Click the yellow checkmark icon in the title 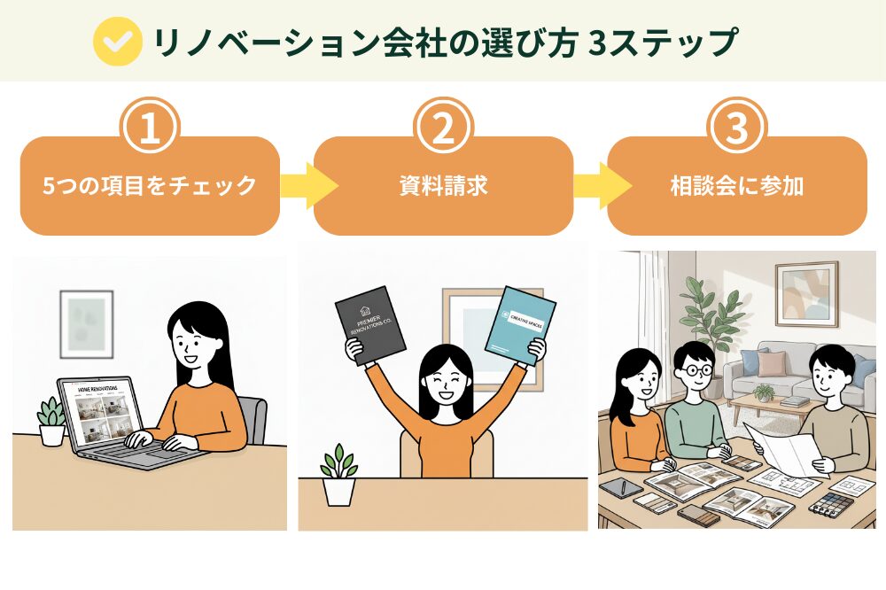(x=118, y=41)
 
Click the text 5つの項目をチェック (x=150, y=187)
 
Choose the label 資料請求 (x=443, y=187)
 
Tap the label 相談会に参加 (x=736, y=187)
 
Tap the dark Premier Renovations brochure (x=370, y=326)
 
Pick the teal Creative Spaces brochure (x=520, y=324)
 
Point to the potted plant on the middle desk (x=338, y=476)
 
